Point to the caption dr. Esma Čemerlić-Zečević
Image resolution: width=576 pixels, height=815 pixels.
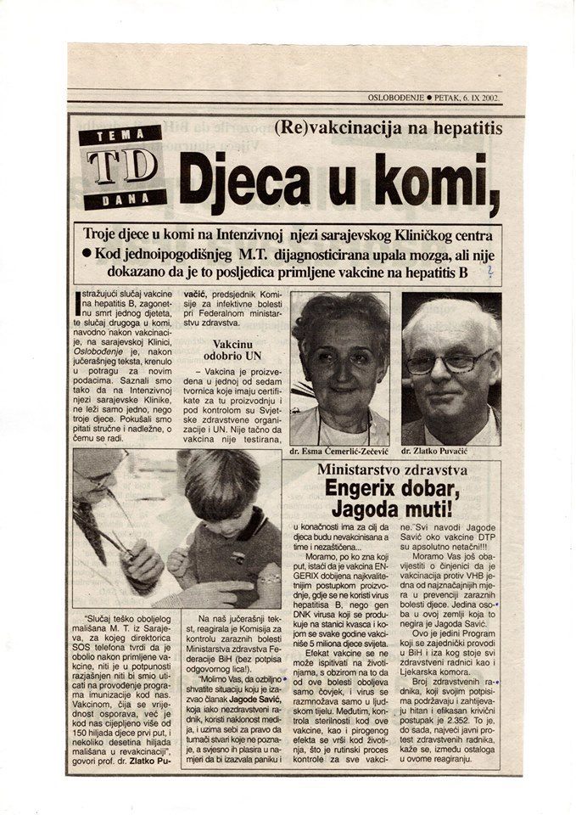coord(339,452)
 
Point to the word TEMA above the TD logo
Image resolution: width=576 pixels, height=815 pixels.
coord(122,135)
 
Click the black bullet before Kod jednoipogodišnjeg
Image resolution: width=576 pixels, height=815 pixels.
coord(87,253)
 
